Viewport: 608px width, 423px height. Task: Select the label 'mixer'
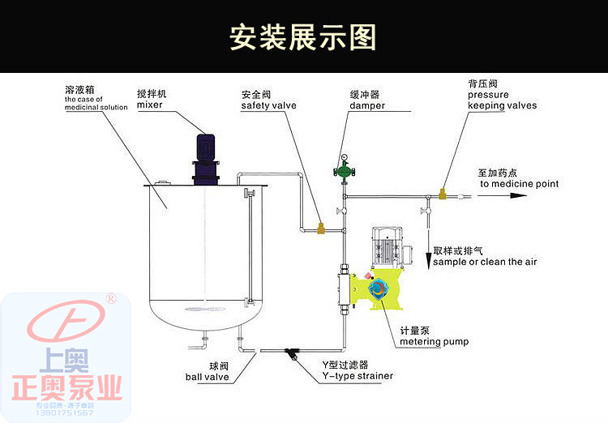click(x=149, y=105)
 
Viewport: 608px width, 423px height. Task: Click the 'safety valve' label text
click(x=268, y=105)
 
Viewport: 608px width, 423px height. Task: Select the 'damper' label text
click(x=367, y=105)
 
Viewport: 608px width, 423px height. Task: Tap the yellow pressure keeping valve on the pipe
click(x=443, y=194)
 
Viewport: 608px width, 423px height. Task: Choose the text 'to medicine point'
click(x=519, y=184)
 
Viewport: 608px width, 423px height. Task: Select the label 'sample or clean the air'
click(x=484, y=262)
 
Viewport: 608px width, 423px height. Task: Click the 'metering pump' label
click(x=434, y=341)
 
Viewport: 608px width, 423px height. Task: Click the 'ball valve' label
click(x=207, y=377)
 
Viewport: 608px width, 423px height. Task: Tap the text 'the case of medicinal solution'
click(x=96, y=104)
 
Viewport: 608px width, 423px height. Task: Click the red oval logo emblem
click(x=66, y=324)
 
